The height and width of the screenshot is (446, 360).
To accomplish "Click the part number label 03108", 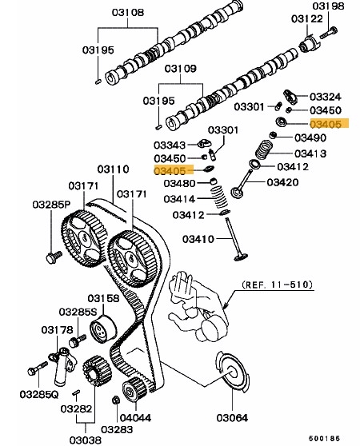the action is (128, 12).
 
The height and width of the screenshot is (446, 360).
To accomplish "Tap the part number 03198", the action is (328, 6).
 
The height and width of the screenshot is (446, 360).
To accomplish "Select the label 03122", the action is (307, 18).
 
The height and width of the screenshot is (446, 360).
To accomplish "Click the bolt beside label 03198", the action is (329, 33).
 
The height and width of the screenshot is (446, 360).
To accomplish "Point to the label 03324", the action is (325, 97).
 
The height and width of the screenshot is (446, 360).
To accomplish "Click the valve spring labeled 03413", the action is (263, 149).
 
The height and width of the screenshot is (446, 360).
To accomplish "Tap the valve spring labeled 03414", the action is (219, 197).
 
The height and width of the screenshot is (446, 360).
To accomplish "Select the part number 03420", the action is (282, 182).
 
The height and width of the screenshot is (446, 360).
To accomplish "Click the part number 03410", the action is (198, 239).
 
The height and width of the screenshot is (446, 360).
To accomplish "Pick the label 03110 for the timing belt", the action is (113, 169).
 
